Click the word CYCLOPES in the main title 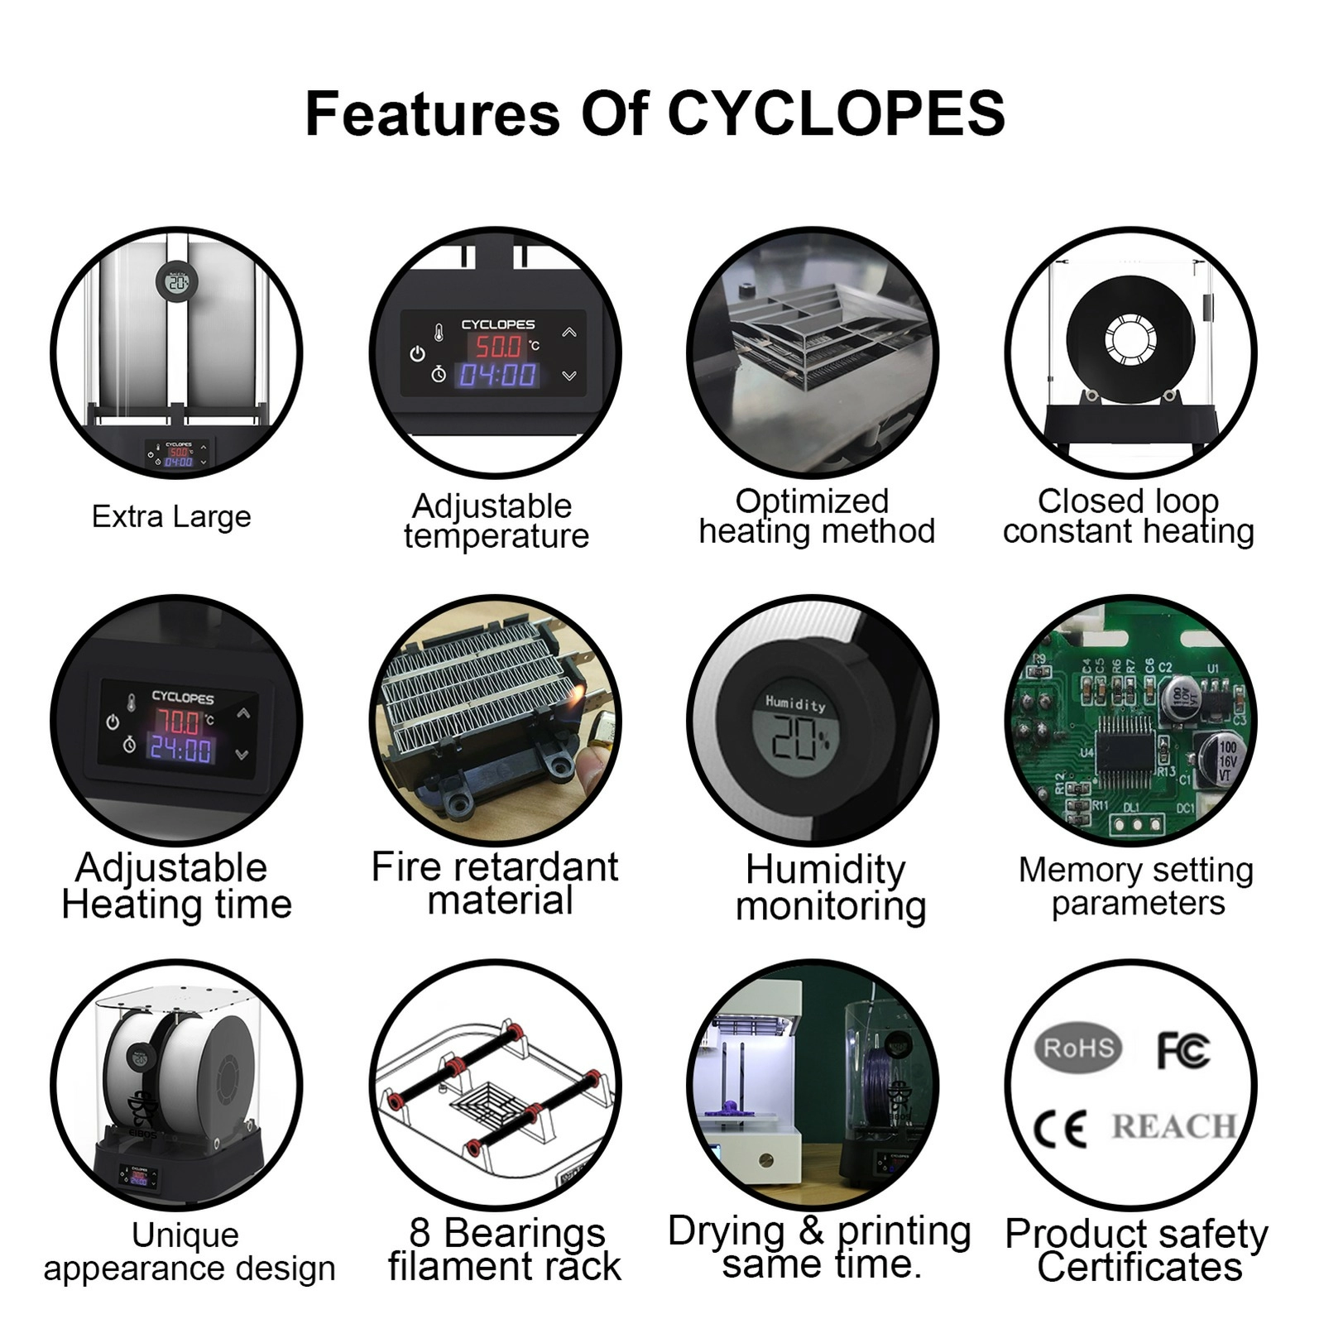tap(836, 113)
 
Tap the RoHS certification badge tap(1077, 1048)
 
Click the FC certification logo tap(1183, 1050)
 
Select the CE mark tap(1060, 1128)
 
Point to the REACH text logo tap(1173, 1126)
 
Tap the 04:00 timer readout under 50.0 tap(498, 376)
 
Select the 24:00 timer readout tap(180, 751)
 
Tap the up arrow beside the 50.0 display tap(569, 333)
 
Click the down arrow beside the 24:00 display tap(242, 755)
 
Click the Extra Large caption tap(171, 516)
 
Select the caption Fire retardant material tap(495, 884)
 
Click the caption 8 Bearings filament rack tap(505, 1250)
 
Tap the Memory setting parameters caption tap(1136, 886)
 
